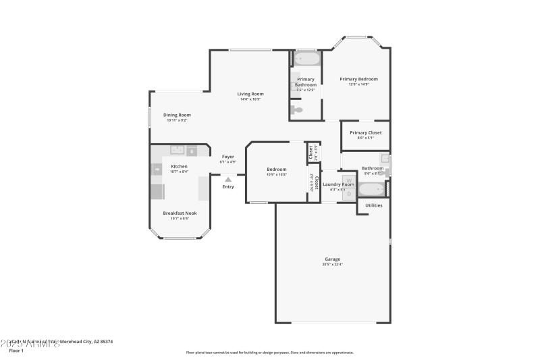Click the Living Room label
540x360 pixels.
250,94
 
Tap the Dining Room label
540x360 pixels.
177,115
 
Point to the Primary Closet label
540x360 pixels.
365,132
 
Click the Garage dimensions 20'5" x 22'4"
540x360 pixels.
332,265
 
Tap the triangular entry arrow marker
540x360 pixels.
228,179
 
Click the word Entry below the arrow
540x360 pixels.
228,187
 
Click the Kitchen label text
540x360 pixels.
179,166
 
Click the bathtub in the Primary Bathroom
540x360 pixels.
306,59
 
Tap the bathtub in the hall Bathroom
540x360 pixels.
370,190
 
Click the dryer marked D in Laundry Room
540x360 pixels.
349,194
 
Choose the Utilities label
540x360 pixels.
374,205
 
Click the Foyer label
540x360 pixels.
228,157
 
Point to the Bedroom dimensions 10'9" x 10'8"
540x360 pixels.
277,174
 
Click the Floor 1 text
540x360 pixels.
16,351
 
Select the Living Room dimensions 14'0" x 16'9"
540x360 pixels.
250,99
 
